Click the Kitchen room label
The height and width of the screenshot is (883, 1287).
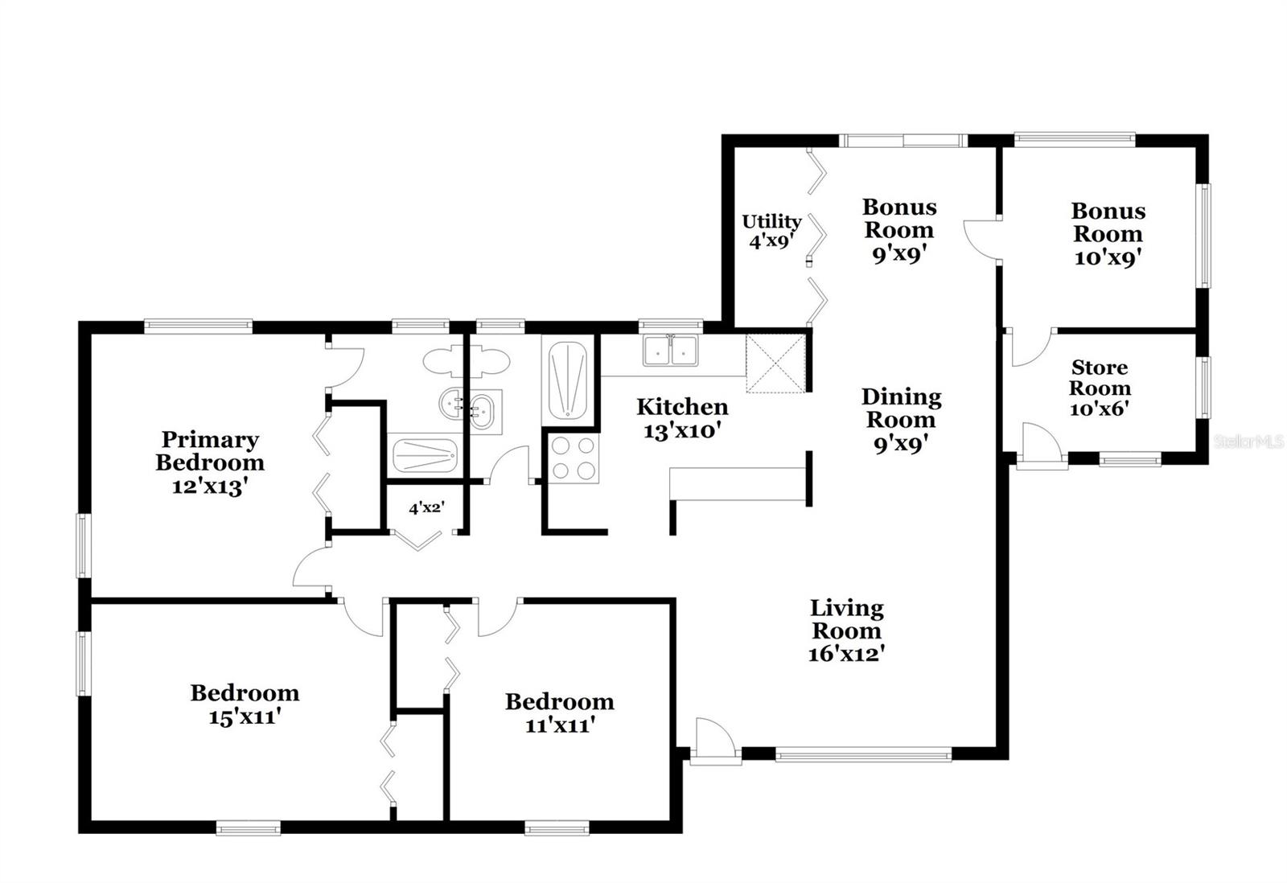coord(682,407)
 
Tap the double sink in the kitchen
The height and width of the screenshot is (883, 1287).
coord(671,350)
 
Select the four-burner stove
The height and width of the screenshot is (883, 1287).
coord(574,458)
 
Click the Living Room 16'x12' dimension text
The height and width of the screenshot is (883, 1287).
coord(845,654)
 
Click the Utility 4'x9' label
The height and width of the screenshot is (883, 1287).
coord(771,231)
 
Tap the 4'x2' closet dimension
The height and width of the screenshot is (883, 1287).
coord(427,508)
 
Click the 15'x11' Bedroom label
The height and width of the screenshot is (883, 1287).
coord(245,705)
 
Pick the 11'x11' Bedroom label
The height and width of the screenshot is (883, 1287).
coord(560,713)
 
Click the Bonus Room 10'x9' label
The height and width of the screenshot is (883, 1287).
coord(1108,234)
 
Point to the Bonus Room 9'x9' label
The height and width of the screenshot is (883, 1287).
coord(900,230)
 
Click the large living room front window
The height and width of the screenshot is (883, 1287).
coord(864,754)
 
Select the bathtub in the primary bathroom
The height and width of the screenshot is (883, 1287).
coord(425,455)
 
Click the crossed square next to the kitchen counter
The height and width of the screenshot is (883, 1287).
coord(776,363)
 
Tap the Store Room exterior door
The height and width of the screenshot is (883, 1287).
coord(1041,446)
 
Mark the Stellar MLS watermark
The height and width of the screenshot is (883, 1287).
coord(1248,441)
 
